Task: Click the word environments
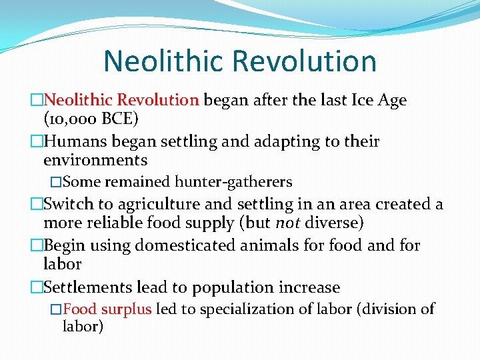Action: tap(95, 160)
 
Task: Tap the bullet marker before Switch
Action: tap(36, 205)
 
